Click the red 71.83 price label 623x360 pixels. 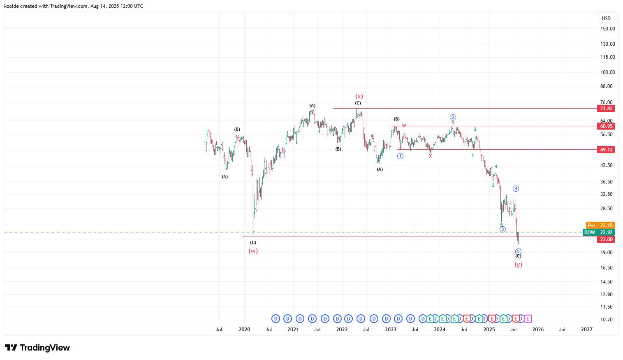[606, 109]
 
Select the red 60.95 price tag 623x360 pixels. [606, 126]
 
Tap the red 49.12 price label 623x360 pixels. [606, 150]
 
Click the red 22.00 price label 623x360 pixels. [606, 239]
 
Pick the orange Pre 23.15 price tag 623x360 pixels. [600, 225]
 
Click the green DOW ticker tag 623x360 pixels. [590, 232]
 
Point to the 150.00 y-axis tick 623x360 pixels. [607, 29]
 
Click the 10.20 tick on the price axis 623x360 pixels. [607, 320]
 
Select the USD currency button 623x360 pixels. [606, 18]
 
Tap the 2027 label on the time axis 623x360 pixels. [586, 330]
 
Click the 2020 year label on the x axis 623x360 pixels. [244, 330]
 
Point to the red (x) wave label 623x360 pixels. [359, 96]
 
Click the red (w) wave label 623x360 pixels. [253, 251]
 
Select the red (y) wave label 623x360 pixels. [518, 265]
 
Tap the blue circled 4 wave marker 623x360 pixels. [516, 189]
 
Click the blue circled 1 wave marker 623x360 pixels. [400, 156]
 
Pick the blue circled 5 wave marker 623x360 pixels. [518, 251]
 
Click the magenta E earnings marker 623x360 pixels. [528, 319]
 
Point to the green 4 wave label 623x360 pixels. [496, 167]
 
